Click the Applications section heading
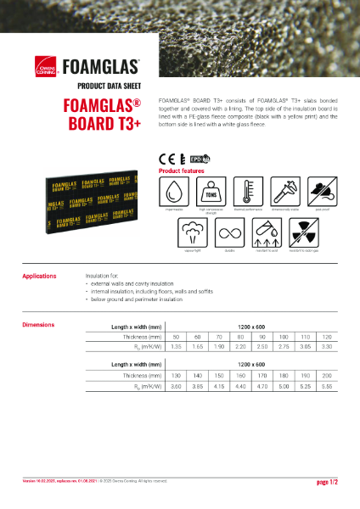[39, 276]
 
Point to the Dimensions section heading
[38, 325]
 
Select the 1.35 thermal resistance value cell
[177, 346]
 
